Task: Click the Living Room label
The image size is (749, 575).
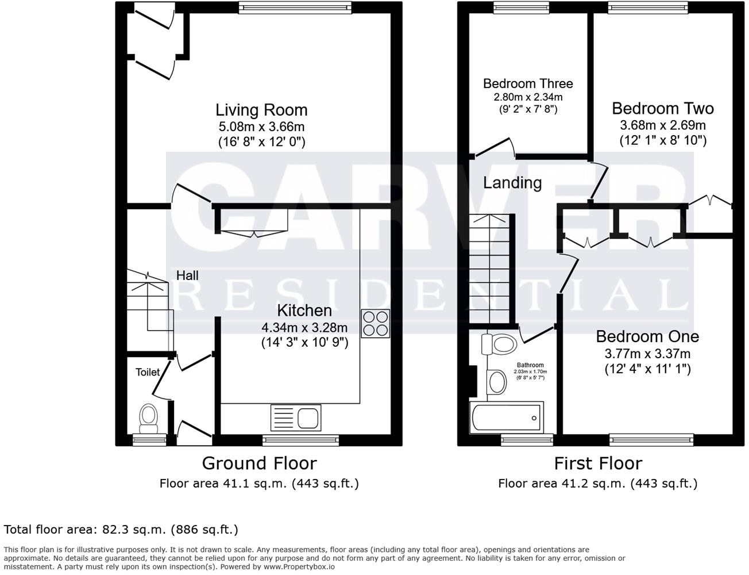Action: [261, 110]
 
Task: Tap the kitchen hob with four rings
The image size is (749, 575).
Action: [375, 323]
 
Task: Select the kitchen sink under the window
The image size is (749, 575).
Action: [295, 417]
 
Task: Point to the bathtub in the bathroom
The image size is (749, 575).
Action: [506, 418]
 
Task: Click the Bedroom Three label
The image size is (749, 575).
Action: [527, 84]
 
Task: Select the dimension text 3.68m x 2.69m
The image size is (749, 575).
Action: [662, 125]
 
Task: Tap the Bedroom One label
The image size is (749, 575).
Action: [647, 336]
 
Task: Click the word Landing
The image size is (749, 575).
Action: [512, 183]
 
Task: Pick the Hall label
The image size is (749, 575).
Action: [187, 275]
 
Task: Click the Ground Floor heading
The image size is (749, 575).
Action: [259, 463]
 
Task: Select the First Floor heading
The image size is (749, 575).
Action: [597, 463]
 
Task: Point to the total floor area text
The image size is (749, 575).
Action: [121, 529]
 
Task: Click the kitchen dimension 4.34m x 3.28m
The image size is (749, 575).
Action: [304, 328]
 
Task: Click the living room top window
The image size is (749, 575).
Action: [294, 8]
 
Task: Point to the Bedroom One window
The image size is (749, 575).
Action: [651, 440]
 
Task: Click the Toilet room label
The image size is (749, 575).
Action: [148, 372]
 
